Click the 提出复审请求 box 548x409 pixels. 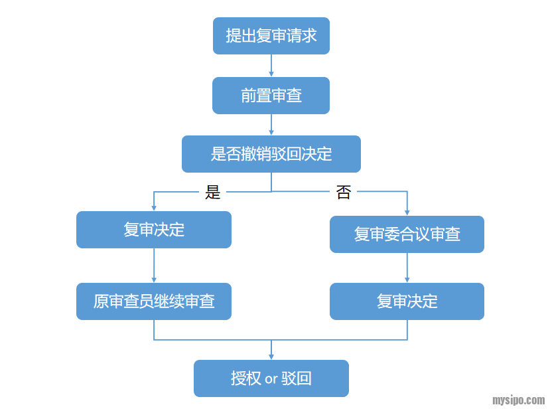coord(271,36)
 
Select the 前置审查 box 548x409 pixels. coord(271,96)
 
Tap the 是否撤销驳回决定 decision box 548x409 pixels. coord(271,154)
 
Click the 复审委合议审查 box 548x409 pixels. coord(407,234)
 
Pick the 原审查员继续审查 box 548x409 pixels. coord(154,301)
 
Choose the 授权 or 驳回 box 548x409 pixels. coord(271,378)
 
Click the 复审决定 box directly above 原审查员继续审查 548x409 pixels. coord(154,230)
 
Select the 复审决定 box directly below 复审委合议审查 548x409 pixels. coord(407,301)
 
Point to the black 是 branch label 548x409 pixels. coord(212,192)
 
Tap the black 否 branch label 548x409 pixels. coord(344,192)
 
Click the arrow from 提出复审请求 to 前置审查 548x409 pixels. coord(271,66)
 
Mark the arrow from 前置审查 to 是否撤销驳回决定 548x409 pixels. coord(271,125)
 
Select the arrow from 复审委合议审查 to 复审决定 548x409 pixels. coord(407,268)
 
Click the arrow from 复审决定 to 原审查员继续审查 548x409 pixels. coord(154,265)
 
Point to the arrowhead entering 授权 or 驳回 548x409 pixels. coord(271,357)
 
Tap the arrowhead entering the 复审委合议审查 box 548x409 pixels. coord(407,212)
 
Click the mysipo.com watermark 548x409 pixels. coord(518,400)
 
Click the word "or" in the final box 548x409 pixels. coord(271,379)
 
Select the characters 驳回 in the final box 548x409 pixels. coord(297,378)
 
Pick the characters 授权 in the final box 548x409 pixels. coord(245,378)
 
